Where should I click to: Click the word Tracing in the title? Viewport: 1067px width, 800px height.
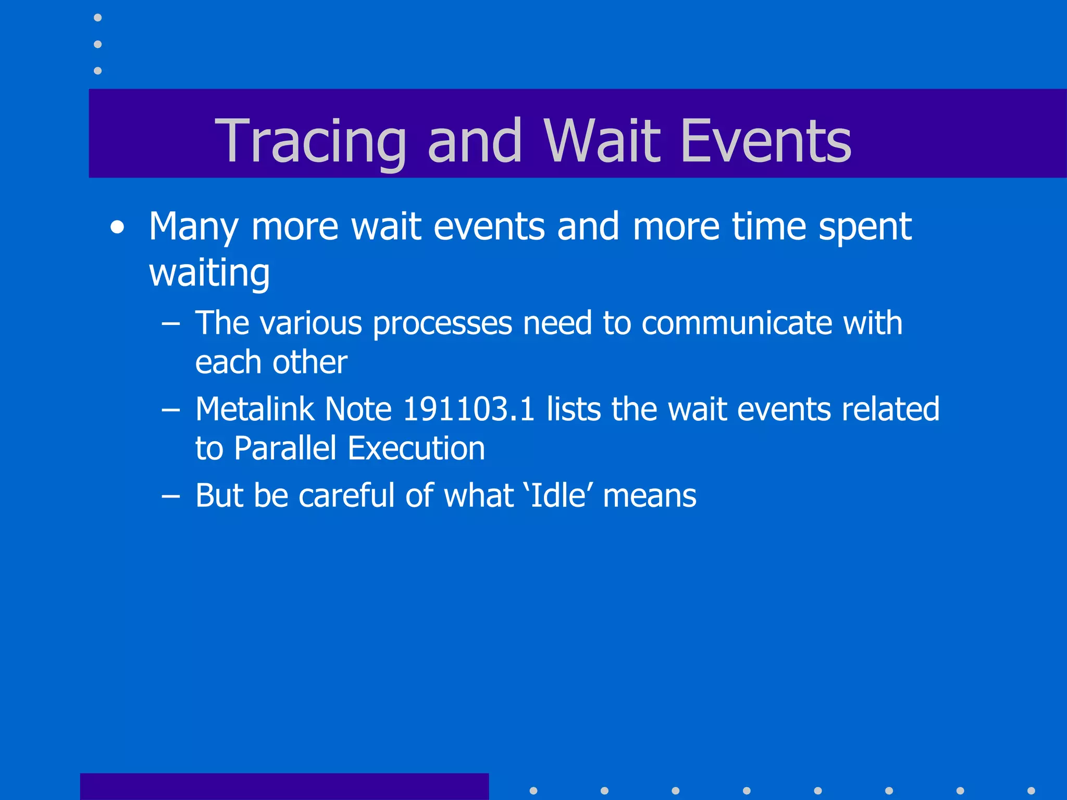point(311,141)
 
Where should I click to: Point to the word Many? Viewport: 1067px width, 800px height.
point(193,228)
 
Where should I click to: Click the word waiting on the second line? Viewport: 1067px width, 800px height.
point(209,273)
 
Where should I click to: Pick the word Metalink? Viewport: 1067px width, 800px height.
point(255,409)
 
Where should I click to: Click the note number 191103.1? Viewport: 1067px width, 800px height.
point(469,409)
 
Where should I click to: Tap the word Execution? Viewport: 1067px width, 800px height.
point(416,448)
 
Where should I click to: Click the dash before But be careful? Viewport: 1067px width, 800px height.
point(170,496)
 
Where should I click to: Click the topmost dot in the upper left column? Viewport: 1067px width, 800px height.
point(97,18)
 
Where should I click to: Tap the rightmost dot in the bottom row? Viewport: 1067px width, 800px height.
point(1031,791)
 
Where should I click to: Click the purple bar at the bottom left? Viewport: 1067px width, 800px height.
point(284,786)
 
